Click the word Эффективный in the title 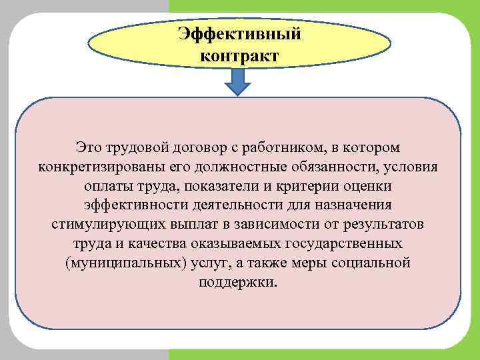pos(239,33)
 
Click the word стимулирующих pos(101,223)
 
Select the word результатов pos(390,223)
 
